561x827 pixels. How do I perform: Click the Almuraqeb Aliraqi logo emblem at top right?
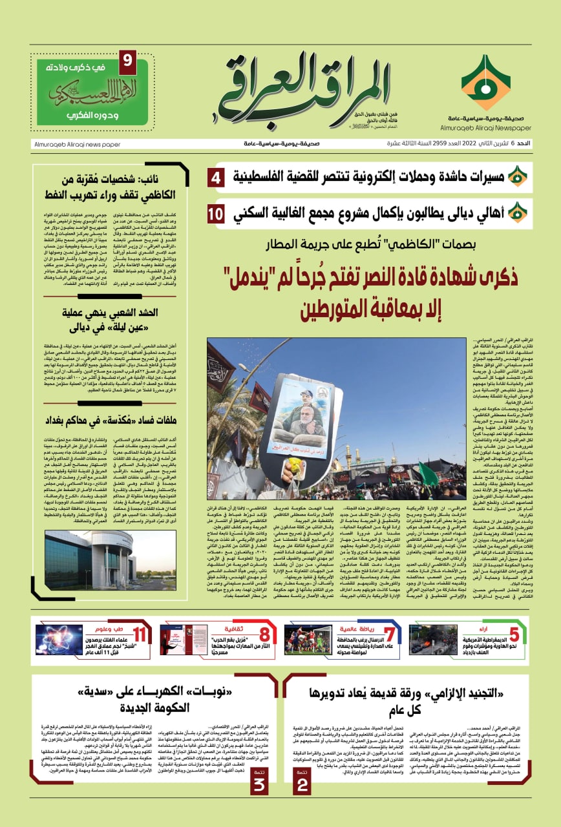pos(485,82)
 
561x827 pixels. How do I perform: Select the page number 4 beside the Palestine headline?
pos(218,176)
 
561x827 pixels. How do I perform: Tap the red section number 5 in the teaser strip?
pos(513,635)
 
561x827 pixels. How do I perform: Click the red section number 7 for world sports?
pos(389,635)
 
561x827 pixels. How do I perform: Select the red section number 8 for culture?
pos(264,635)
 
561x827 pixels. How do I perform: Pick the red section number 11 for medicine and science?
pos(139,635)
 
